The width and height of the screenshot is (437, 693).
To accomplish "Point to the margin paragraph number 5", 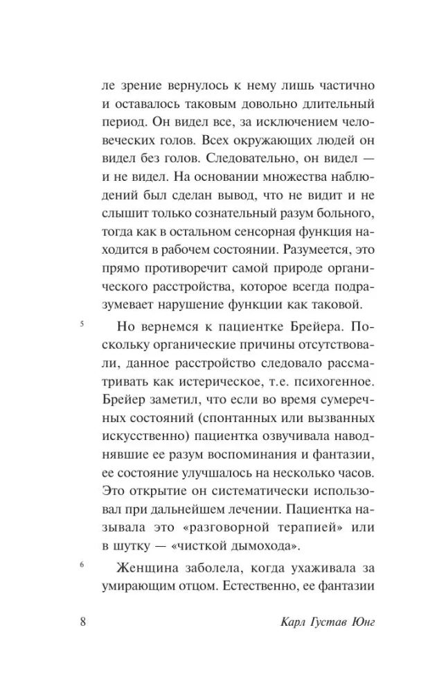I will pos(82,324).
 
